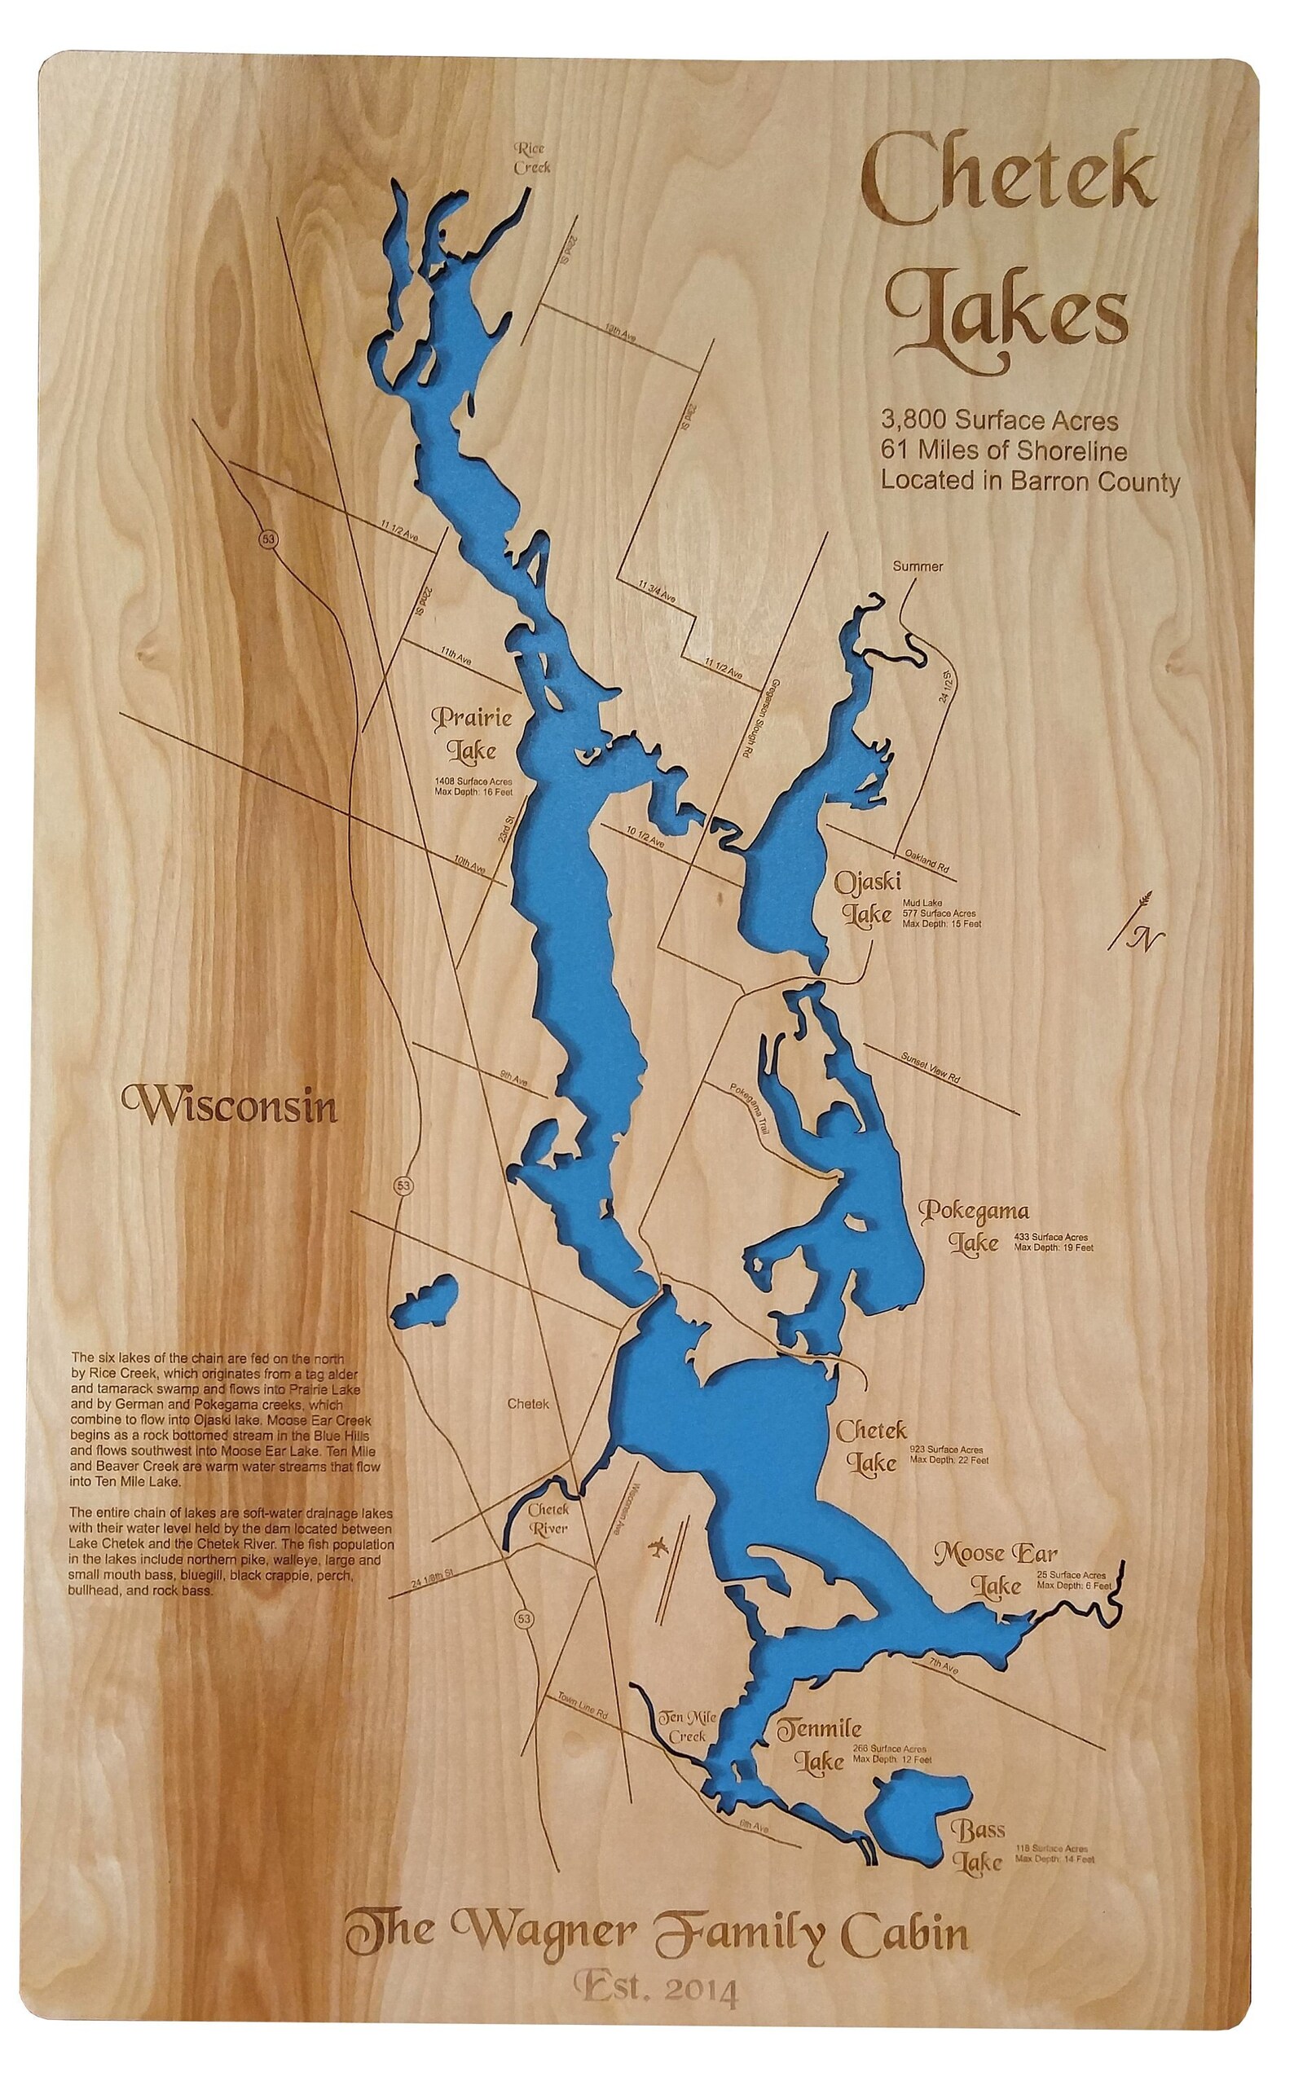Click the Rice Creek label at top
531,158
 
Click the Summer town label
918,566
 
